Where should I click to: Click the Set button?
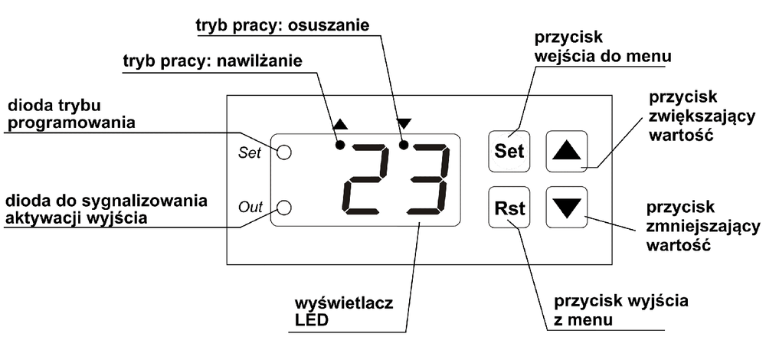509,151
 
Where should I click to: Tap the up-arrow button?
566,151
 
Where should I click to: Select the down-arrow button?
566,207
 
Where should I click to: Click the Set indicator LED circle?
284,152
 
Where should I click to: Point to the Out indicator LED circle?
284,207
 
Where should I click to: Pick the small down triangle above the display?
404,123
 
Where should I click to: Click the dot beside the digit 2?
341,145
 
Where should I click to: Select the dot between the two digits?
404,145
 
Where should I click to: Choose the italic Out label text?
250,207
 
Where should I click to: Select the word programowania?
71,123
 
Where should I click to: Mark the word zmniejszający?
703,227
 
